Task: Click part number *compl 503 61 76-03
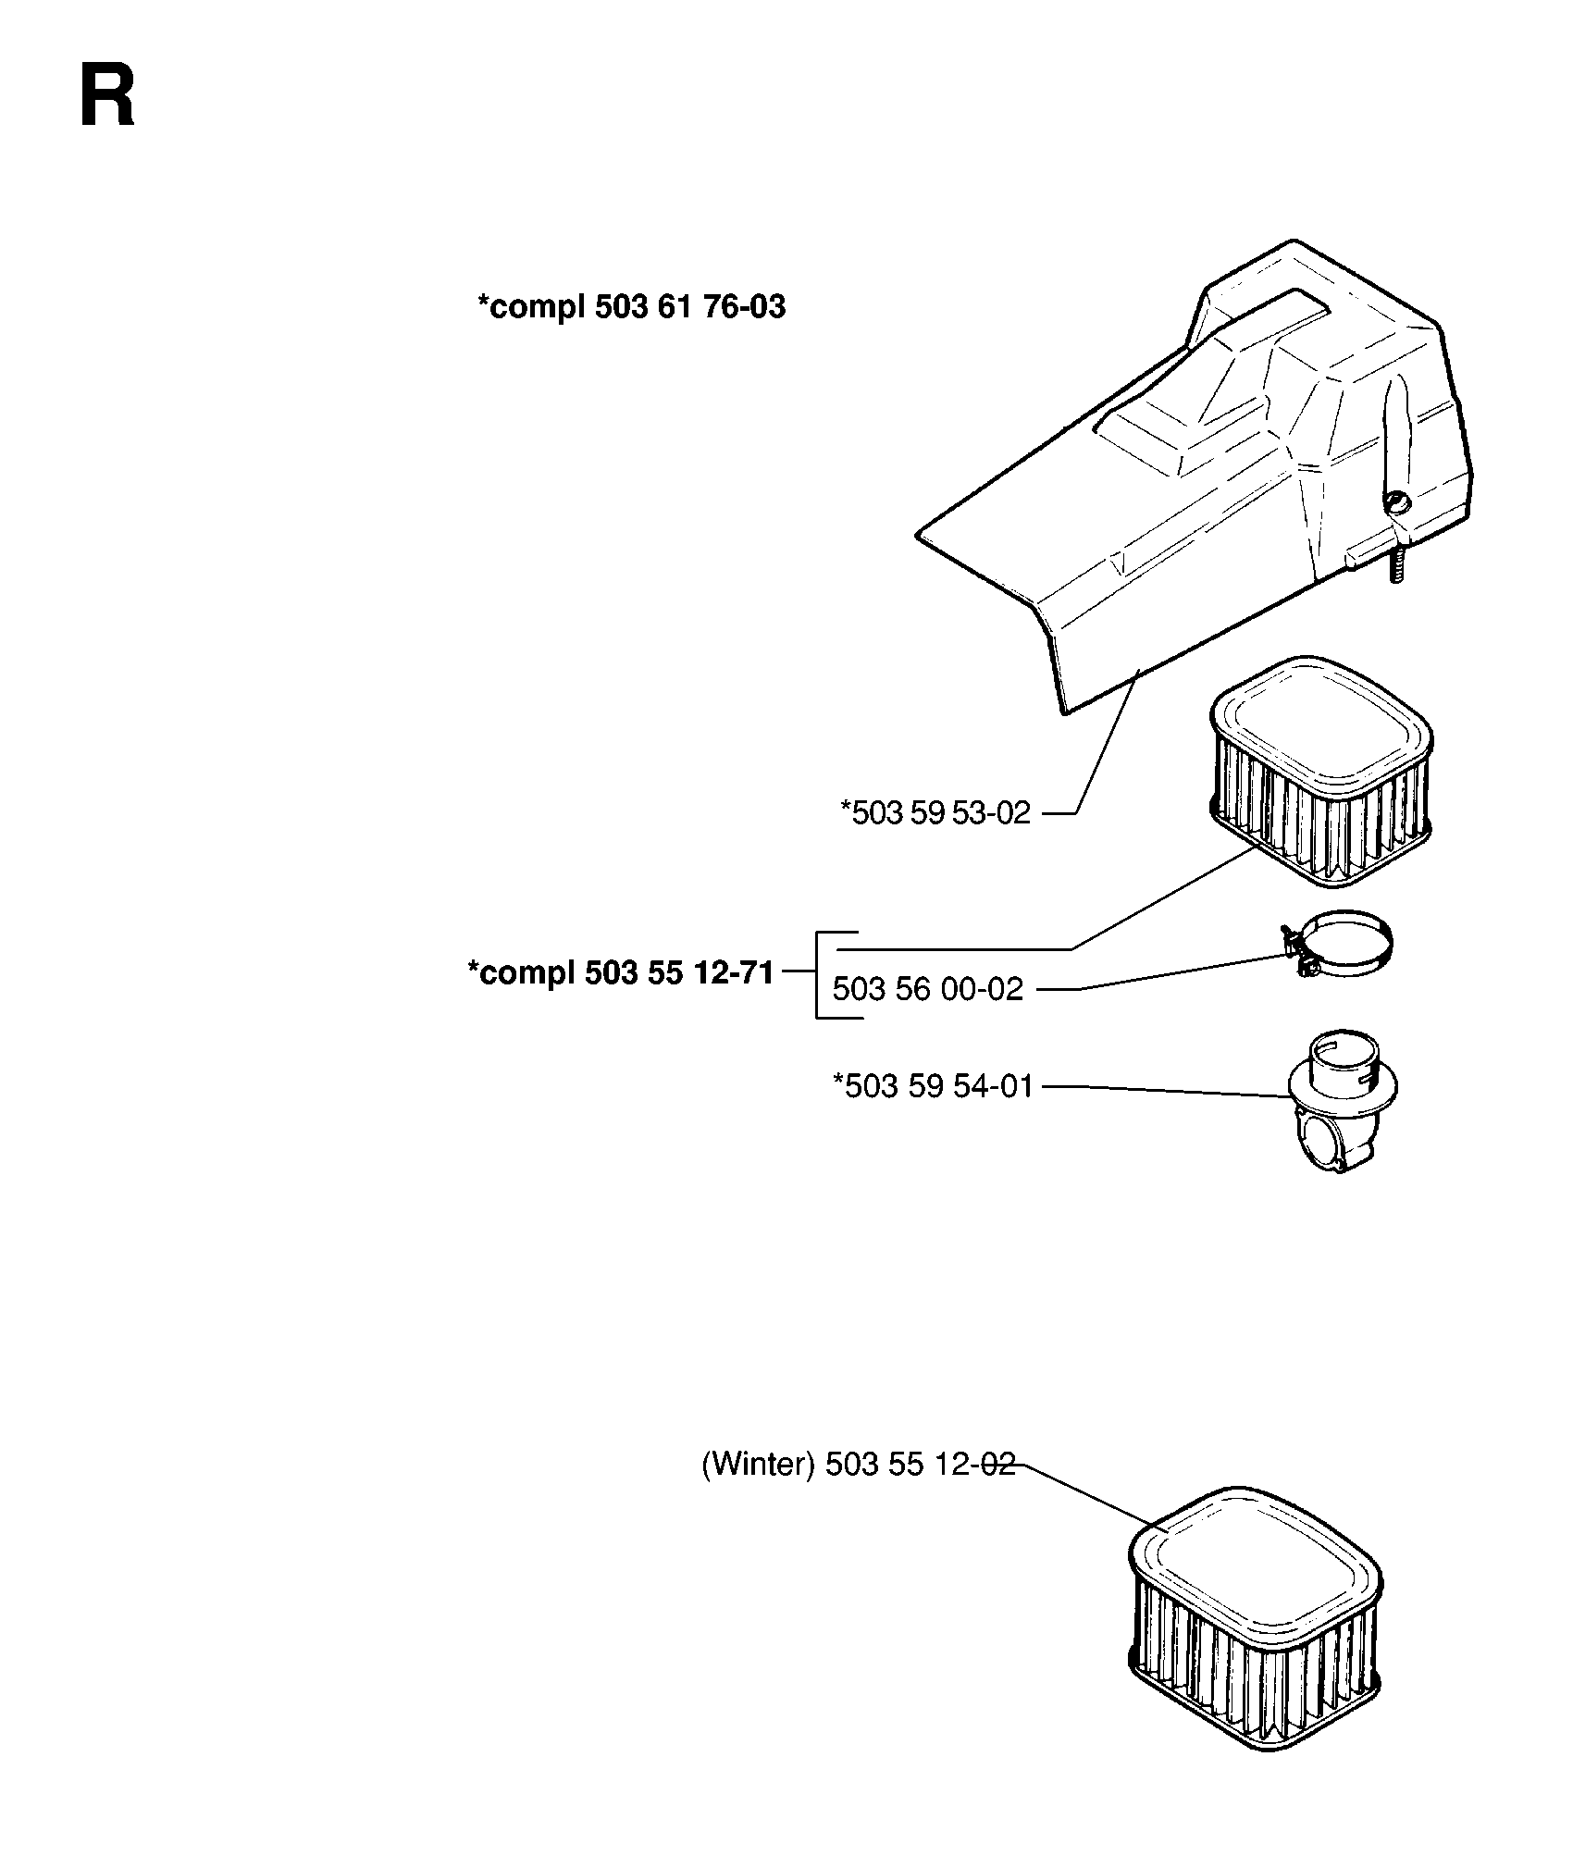pyautogui.click(x=631, y=306)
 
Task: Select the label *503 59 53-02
pyautogui.click(x=935, y=812)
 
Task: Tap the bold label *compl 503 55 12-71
pyautogui.click(x=620, y=973)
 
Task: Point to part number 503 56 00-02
pyautogui.click(x=928, y=989)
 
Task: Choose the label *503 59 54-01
pyautogui.click(x=933, y=1085)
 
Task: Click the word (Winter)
pyautogui.click(x=758, y=1466)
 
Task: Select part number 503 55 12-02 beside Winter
pyautogui.click(x=920, y=1466)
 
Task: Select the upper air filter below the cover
pyautogui.click(x=1320, y=773)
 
